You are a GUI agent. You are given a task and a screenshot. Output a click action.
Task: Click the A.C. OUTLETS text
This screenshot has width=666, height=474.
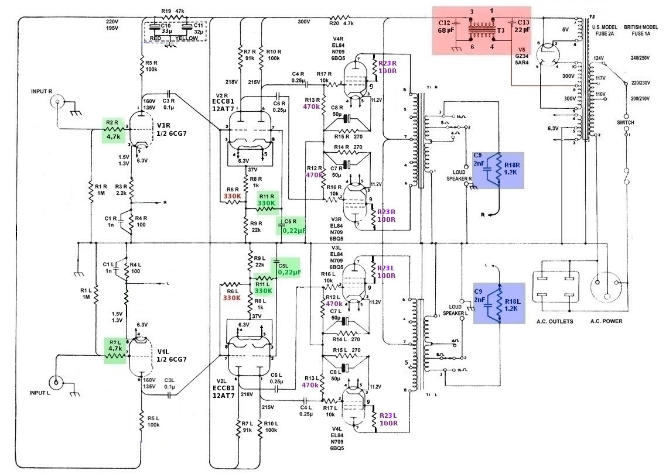(x=553, y=321)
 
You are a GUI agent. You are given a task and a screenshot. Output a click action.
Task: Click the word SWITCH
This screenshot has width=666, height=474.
(x=626, y=122)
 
